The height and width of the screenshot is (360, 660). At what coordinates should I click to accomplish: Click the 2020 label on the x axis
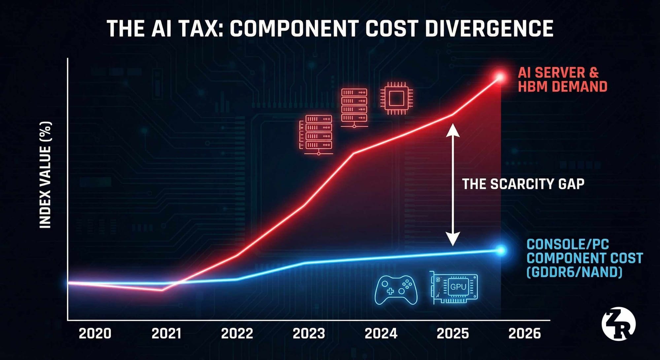95,334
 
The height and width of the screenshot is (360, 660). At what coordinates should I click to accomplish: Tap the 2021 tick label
167,334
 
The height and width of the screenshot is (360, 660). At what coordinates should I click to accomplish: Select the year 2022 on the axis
237,334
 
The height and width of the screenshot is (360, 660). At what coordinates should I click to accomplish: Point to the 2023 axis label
309,334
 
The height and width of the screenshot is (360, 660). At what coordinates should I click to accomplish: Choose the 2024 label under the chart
381,334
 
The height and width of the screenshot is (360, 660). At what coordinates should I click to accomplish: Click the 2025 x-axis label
453,334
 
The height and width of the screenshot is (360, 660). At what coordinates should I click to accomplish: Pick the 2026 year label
525,334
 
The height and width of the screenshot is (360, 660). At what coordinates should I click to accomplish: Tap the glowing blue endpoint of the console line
501,250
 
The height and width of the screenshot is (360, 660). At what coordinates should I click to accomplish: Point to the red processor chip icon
396,99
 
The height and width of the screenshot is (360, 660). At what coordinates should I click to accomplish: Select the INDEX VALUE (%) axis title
46,175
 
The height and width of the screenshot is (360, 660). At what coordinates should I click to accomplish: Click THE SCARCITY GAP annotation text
523,184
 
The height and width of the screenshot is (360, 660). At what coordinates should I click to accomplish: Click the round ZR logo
618,324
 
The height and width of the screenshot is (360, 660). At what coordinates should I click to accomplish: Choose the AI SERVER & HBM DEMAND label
562,80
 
